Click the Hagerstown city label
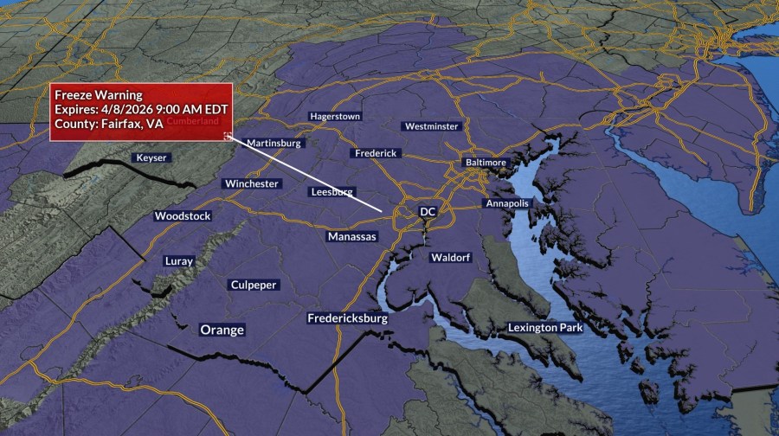pyautogui.click(x=336, y=116)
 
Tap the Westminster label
pyautogui.click(x=431, y=126)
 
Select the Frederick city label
pyautogui.click(x=377, y=153)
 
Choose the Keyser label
pyautogui.click(x=151, y=157)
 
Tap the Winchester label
pyautogui.click(x=252, y=183)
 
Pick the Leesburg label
pyautogui.click(x=332, y=191)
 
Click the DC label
pyautogui.click(x=428, y=211)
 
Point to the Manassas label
pyautogui.click(x=352, y=236)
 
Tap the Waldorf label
pyautogui.click(x=450, y=258)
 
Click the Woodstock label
pyautogui.click(x=183, y=215)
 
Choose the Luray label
pyautogui.click(x=179, y=260)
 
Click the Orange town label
pyautogui.click(x=222, y=330)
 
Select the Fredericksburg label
pyautogui.click(x=348, y=318)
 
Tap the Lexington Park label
pyautogui.click(x=545, y=328)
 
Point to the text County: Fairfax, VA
pyautogui.click(x=108, y=125)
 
